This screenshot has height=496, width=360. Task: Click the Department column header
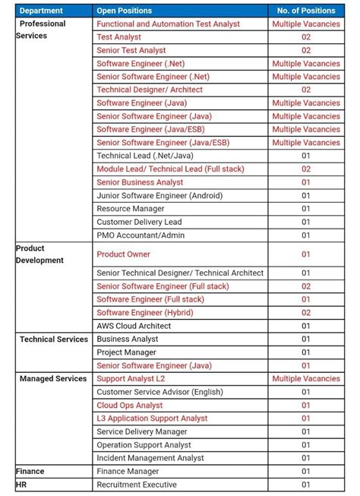pos(41,11)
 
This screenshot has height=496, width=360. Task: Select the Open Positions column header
pos(124,11)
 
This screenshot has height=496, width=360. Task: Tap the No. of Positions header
pos(306,11)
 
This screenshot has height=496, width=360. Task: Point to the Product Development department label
pos(39,254)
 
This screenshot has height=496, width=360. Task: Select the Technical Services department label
pos(54,339)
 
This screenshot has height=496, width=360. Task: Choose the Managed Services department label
pos(53,378)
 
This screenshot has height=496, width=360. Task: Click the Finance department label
pos(30,471)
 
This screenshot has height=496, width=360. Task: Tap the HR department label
pos(21,484)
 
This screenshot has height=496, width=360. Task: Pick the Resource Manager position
pos(131,208)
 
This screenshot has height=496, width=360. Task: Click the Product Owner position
pos(124,254)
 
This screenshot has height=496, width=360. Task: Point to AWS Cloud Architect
pos(134,326)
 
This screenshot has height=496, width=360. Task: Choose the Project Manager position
pos(127,352)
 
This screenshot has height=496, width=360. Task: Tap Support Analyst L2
pos(131,378)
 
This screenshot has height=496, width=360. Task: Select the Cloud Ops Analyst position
pos(130,405)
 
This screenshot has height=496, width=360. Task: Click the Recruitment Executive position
pos(137,484)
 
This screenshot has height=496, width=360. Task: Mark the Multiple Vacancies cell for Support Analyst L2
pos(306,378)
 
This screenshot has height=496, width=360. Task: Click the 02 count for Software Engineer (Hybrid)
pos(306,312)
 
